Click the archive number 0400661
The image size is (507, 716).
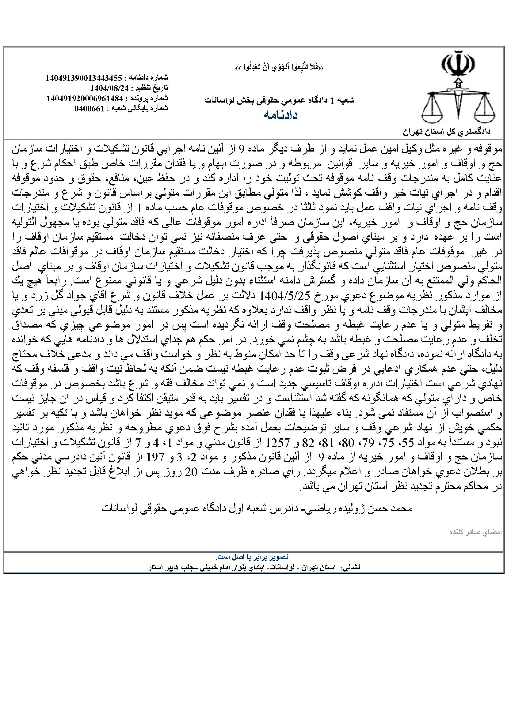(x=89, y=108)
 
